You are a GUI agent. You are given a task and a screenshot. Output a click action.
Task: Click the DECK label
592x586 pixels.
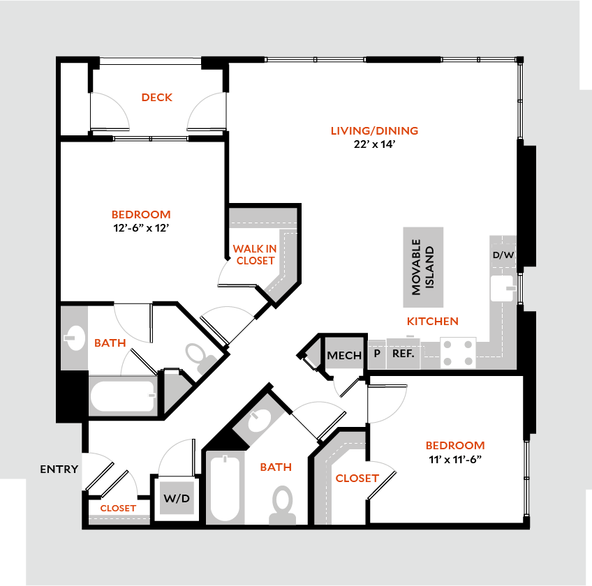156,98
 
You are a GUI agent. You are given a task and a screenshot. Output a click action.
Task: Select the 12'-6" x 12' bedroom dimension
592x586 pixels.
140,227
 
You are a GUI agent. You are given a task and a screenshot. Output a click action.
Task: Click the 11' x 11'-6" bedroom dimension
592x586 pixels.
454,459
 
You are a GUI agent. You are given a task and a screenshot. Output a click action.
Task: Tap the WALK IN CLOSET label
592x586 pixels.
255,255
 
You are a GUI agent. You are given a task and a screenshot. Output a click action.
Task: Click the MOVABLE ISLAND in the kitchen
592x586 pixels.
423,267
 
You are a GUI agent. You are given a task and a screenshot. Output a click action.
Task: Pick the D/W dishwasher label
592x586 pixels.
503,255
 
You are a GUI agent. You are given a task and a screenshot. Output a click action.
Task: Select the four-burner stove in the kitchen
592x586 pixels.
458,353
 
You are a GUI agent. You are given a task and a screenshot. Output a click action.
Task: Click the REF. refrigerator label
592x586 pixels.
404,354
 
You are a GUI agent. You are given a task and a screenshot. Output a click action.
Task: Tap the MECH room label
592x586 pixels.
344,356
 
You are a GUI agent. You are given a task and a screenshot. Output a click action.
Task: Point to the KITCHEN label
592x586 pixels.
433,322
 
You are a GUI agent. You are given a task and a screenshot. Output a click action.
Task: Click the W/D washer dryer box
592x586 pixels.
177,499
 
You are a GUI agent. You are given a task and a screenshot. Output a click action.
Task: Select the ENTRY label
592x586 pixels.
59,469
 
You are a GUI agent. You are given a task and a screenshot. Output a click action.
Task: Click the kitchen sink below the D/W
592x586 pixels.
503,287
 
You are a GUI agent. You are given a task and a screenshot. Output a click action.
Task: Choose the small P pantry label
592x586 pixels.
377,354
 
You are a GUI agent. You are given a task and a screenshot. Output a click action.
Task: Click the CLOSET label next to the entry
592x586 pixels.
117,509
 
